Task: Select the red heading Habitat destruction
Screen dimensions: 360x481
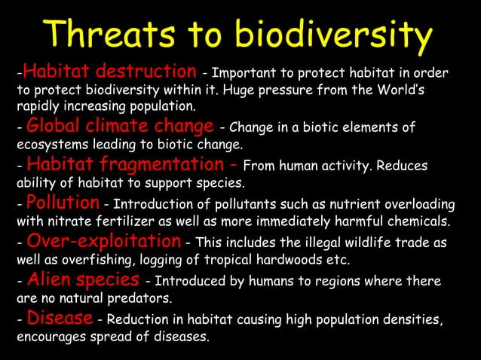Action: (x=106, y=72)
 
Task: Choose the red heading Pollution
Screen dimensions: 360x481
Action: (x=63, y=203)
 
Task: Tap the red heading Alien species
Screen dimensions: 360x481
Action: (x=82, y=280)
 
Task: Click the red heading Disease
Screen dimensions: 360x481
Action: (x=60, y=319)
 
